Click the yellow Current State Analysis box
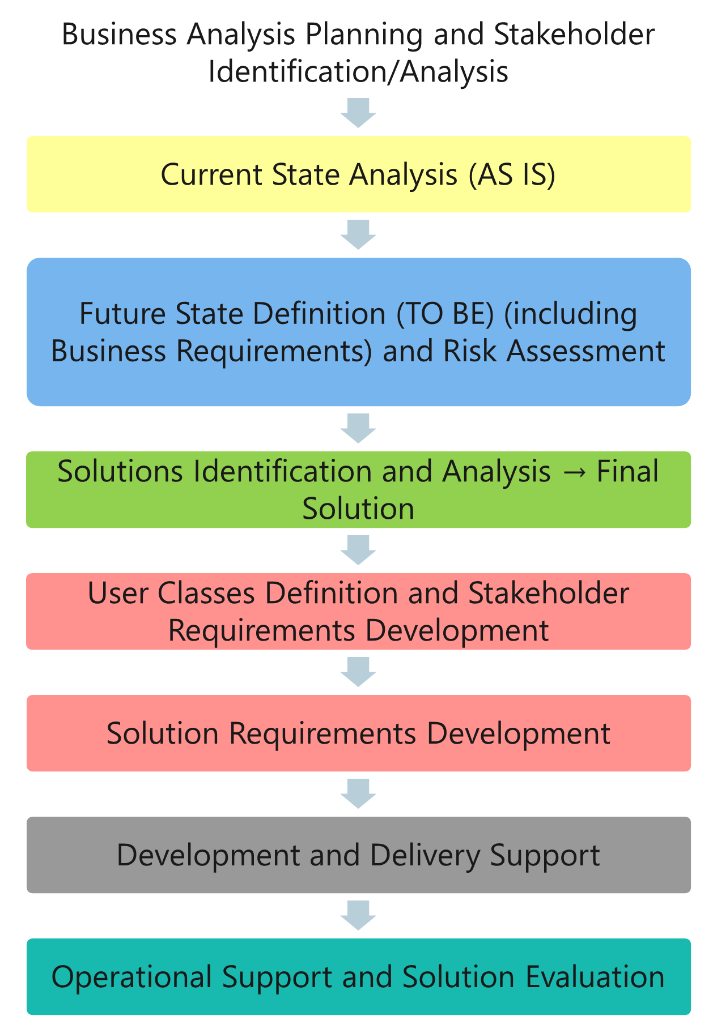[358, 174]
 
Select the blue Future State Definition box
[358, 332]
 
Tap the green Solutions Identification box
[358, 489]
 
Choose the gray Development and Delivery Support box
[358, 855]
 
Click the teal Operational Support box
[358, 976]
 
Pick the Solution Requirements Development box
[358, 733]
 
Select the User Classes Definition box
[358, 611]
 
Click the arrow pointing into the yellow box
[358, 113]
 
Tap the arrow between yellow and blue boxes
[358, 234]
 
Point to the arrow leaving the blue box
[358, 428]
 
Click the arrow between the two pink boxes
[358, 672]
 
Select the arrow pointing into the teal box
[358, 915]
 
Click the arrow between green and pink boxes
[358, 550]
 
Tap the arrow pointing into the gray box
[358, 793]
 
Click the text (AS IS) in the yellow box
[512, 174]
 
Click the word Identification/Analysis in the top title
[358, 72]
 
